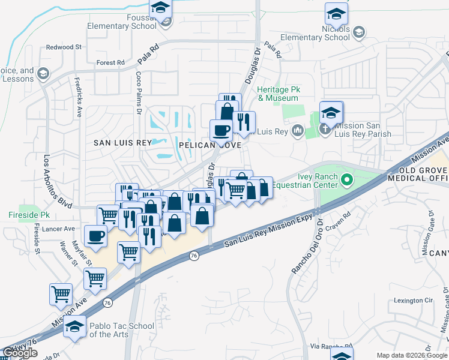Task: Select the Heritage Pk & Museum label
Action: click(x=277, y=94)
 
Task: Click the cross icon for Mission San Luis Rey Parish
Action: click(x=325, y=130)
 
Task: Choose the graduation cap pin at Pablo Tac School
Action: click(x=75, y=327)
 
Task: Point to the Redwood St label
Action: click(x=64, y=47)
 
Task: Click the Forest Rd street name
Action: click(x=110, y=62)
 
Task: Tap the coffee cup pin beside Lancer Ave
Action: click(x=96, y=235)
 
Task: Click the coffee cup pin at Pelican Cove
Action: click(x=221, y=130)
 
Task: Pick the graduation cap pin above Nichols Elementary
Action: click(x=337, y=13)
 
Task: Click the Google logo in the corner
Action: click(x=20, y=353)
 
